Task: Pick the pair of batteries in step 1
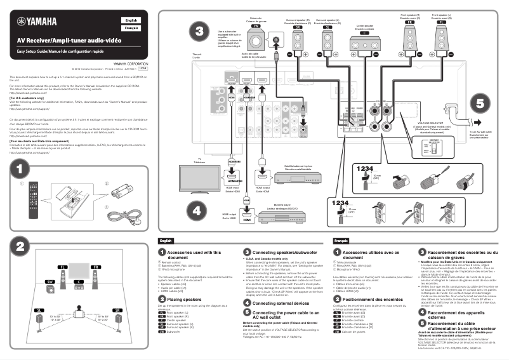pos(120,190)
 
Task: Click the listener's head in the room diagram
pos(79,312)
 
